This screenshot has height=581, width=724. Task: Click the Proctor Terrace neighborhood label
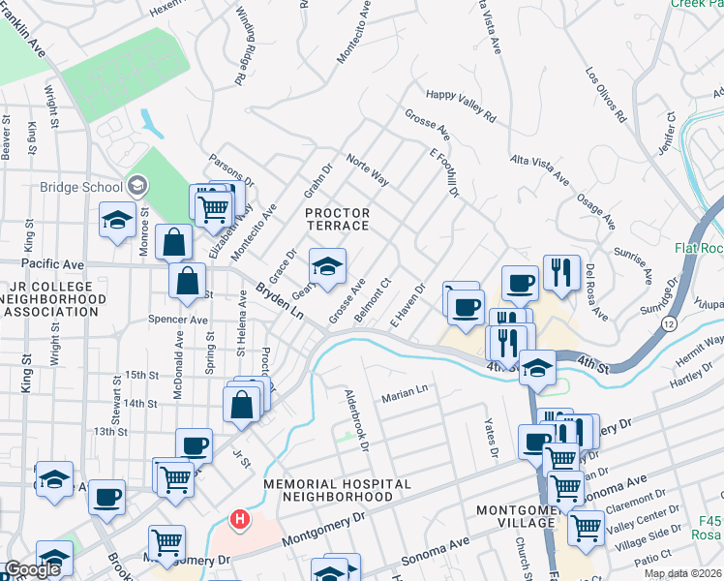click(x=337, y=219)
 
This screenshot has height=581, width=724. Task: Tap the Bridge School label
click(x=79, y=187)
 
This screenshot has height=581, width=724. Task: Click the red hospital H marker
click(x=239, y=520)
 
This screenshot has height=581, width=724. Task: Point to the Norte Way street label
click(x=368, y=172)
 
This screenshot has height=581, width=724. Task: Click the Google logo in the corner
click(x=32, y=569)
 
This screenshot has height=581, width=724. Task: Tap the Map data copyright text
click(x=681, y=573)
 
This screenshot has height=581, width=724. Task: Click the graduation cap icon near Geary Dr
click(x=327, y=265)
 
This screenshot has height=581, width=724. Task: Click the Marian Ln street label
click(x=404, y=391)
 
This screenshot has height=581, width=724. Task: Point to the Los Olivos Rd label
click(x=606, y=95)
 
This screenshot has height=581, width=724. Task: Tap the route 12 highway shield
click(x=668, y=320)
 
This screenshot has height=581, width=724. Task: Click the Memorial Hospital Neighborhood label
click(x=337, y=489)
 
